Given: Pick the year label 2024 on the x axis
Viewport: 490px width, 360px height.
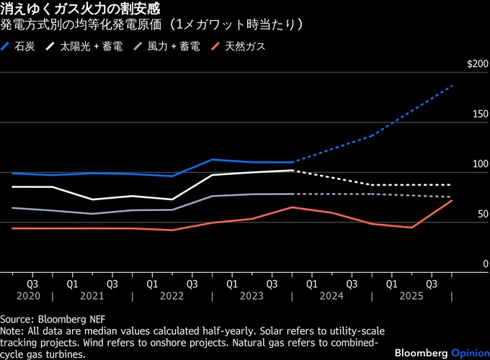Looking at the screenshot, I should [x=331, y=296].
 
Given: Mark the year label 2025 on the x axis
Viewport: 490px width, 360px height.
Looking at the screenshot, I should [x=411, y=296].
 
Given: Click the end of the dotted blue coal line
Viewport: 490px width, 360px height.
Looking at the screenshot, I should [x=452, y=86].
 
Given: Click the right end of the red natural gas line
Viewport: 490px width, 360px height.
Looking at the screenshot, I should [x=452, y=200].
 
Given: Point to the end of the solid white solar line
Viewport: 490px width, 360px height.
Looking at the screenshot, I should [x=292, y=171].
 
